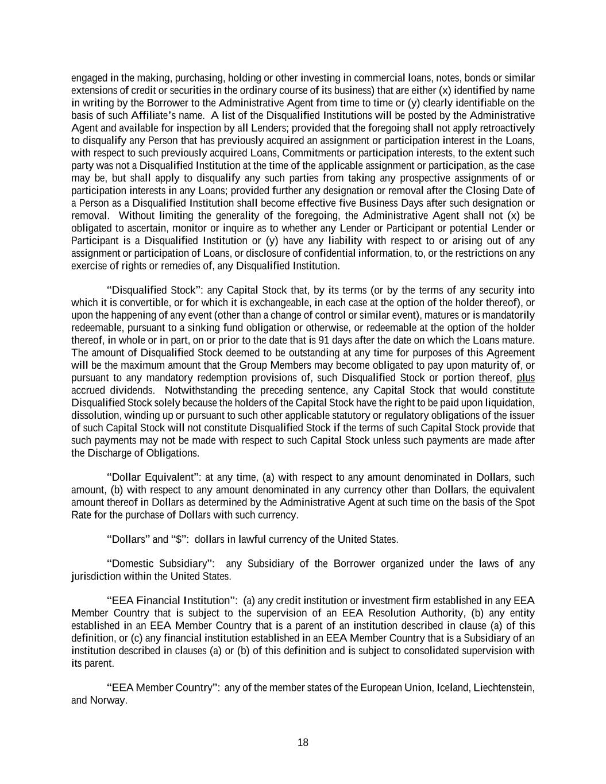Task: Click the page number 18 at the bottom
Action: coord(303,743)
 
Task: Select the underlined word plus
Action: coord(526,378)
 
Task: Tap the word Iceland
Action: coord(453,688)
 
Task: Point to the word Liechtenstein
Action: coord(504,688)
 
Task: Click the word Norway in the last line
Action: coord(107,700)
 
